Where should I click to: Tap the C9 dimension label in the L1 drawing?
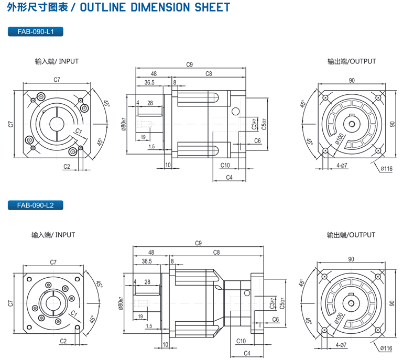[x=190, y=65]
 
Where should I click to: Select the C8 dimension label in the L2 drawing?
[x=216, y=253]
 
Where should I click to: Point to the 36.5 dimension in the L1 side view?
[x=149, y=82]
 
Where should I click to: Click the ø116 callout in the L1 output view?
[x=387, y=168]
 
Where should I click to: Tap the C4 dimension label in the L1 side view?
[x=229, y=178]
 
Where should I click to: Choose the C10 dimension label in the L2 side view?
[x=241, y=341]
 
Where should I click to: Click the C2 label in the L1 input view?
[x=67, y=166]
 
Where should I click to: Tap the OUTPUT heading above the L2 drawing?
[x=351, y=235]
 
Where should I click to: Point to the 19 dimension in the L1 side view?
[x=144, y=137]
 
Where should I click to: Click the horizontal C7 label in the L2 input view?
[x=53, y=262]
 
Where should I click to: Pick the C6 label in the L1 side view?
[x=257, y=141]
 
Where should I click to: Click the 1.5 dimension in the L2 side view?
[x=149, y=326]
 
